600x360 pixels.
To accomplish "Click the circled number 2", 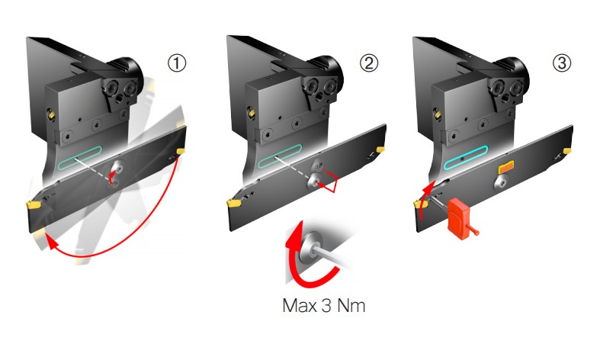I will pos(369,65).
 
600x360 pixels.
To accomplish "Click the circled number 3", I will pos(563,65).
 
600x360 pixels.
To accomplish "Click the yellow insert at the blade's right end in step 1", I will pos(181,154).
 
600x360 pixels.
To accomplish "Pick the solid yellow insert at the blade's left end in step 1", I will pos(34,204).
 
